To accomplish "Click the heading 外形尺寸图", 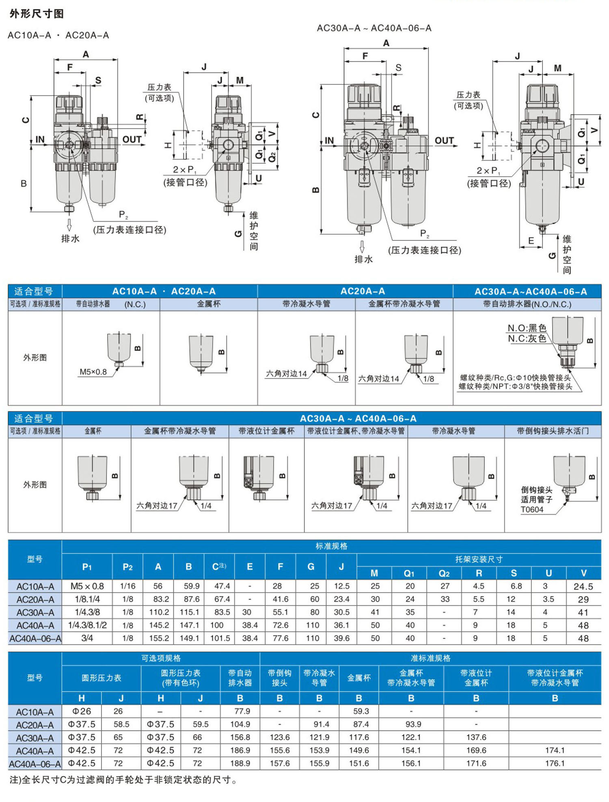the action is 37,14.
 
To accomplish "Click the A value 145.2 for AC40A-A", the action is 159,625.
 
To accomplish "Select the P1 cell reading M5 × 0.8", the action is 87,586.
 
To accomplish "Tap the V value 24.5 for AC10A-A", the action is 583,586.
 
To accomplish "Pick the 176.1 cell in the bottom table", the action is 555,763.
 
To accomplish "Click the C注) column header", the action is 219,566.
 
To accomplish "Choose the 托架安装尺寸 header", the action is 479,559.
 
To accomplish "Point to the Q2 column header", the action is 444,573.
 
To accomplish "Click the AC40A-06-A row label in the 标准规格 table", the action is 35,638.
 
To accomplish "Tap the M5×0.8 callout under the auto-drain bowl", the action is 93,372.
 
